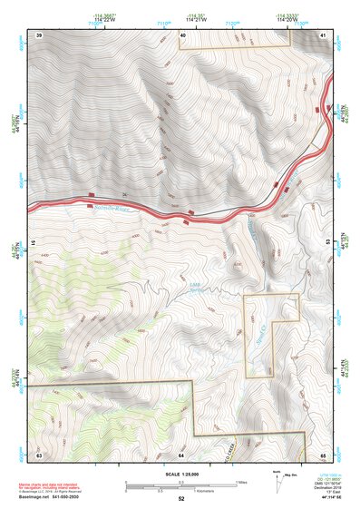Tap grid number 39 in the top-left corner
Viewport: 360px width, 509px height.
click(39, 34)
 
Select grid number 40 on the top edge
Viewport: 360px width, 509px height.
click(182, 34)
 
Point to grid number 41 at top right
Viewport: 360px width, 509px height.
click(324, 34)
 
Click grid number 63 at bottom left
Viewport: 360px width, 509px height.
click(39, 454)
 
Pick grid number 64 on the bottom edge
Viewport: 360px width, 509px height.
click(181, 454)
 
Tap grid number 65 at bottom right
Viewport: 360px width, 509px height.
click(324, 454)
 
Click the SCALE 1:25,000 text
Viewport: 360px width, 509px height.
click(180, 475)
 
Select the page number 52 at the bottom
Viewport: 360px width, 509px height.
click(181, 499)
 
